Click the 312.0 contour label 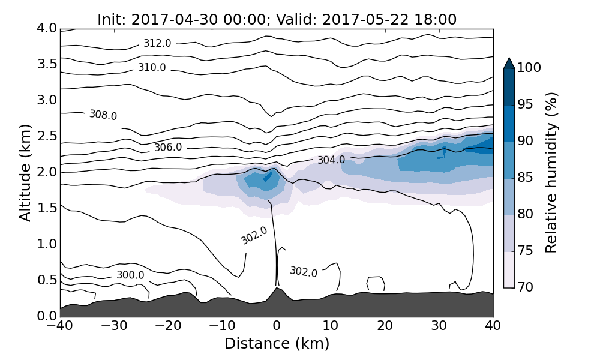coord(157,43)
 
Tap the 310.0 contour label coord(152,67)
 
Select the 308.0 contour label coord(103,115)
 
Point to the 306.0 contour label coord(168,147)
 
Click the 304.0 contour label coord(331,160)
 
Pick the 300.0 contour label coord(130,275)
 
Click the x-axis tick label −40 coord(59,326)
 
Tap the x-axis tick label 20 coord(385,326)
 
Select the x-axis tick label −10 coord(221,326)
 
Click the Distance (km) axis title coord(277,344)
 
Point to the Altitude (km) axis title coord(25,173)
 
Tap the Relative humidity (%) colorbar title coord(552,173)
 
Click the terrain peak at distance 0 coord(277,289)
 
